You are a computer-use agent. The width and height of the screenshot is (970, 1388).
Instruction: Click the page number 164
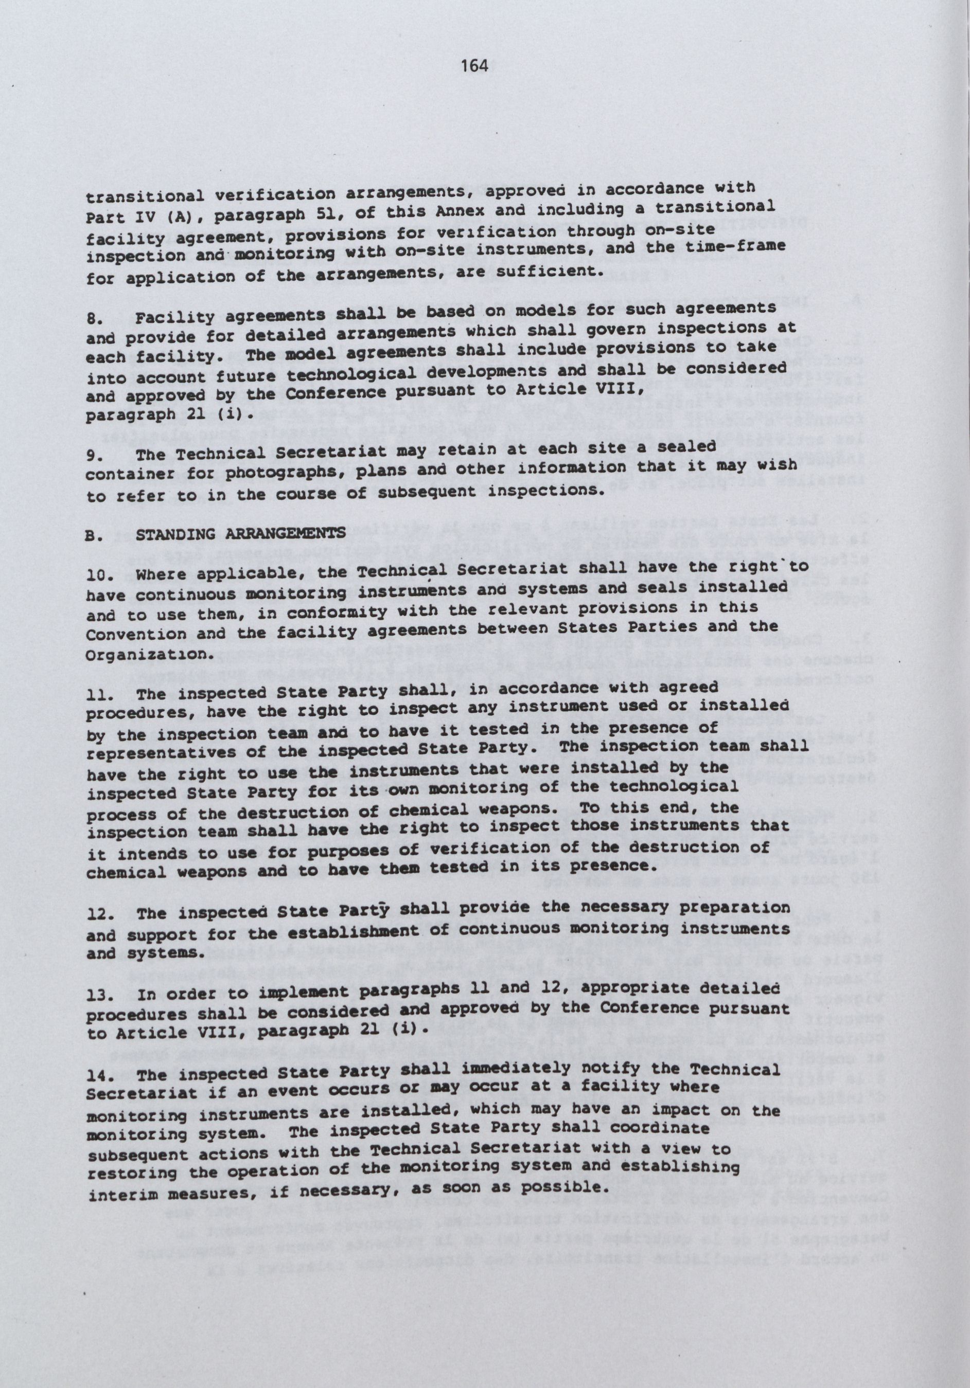[473, 66]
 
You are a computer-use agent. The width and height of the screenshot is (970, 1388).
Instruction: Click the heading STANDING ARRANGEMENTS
[241, 534]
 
